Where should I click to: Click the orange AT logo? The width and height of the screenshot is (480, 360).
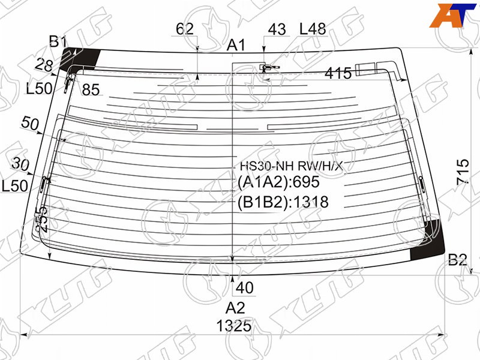point(453,16)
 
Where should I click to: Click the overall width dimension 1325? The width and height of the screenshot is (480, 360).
point(234,326)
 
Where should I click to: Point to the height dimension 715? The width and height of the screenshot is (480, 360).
point(463,172)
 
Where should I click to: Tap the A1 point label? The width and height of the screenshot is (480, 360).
point(236,46)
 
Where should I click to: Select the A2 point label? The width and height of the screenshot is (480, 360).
point(235,308)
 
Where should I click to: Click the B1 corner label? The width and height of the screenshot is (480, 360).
point(58,41)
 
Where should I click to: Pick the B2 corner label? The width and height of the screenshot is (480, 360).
point(457,260)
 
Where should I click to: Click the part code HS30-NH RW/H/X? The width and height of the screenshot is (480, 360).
point(291,166)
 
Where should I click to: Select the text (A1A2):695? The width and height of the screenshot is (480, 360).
point(278,182)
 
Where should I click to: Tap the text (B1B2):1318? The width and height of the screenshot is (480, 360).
point(283,202)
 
